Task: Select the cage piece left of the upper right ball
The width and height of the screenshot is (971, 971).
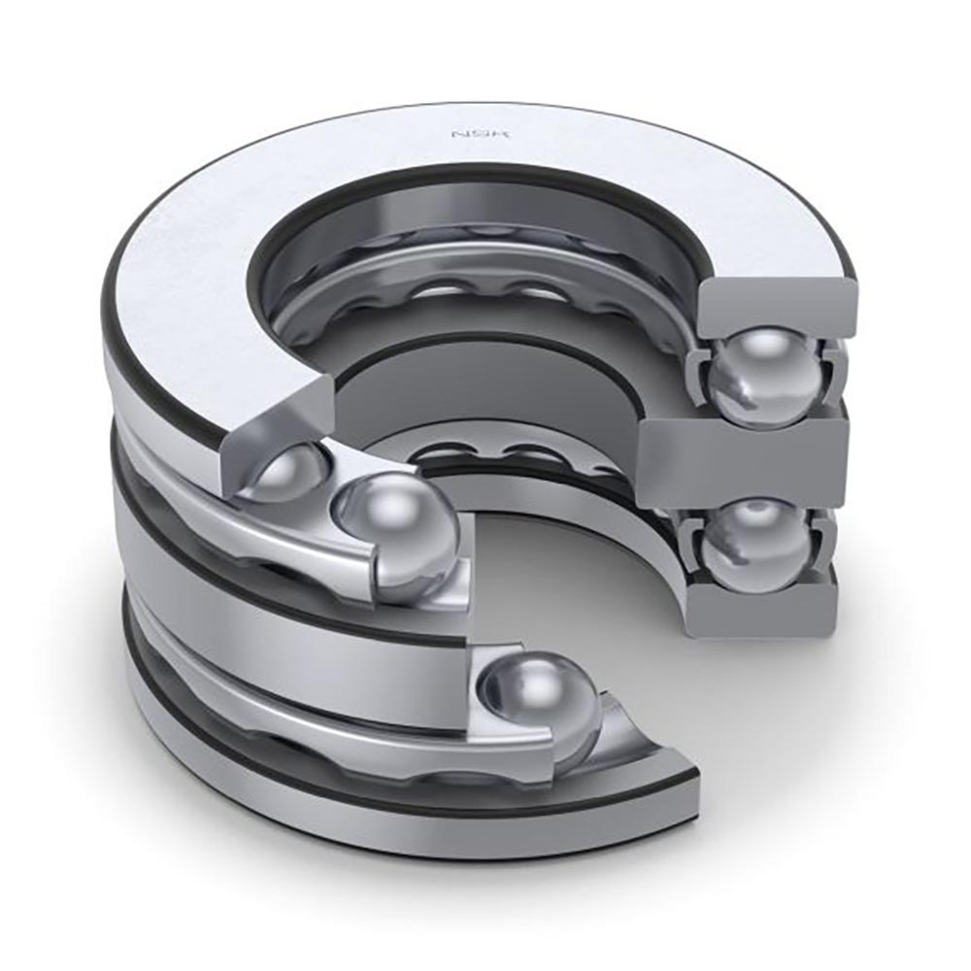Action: click(701, 374)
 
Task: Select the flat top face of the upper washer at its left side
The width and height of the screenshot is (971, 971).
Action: click(184, 291)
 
